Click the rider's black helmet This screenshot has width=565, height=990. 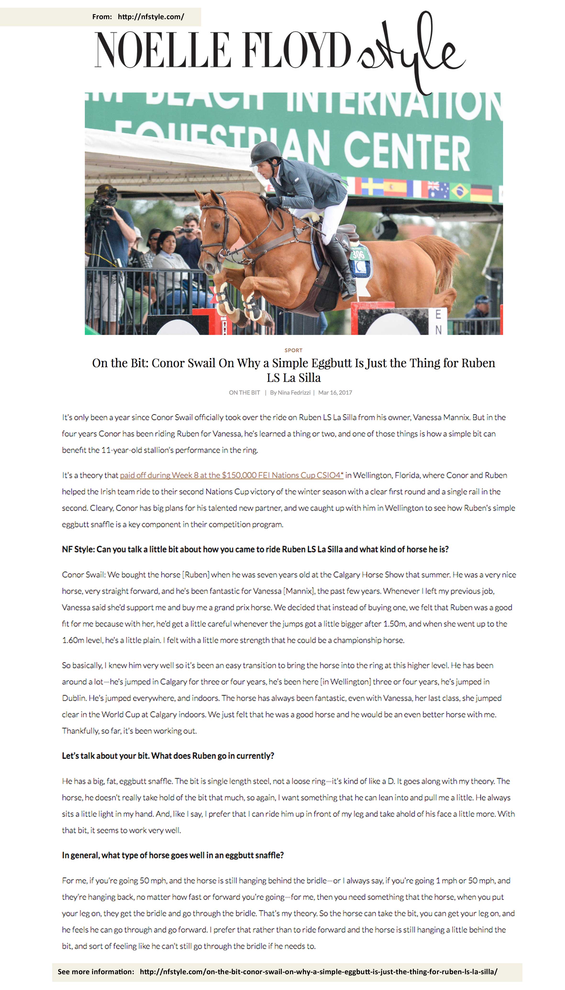coord(266,152)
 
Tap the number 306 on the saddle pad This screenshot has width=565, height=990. coord(358,254)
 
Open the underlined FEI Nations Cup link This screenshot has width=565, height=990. coord(232,475)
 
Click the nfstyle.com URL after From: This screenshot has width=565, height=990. coord(151,17)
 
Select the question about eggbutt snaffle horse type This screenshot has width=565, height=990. coord(173,855)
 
